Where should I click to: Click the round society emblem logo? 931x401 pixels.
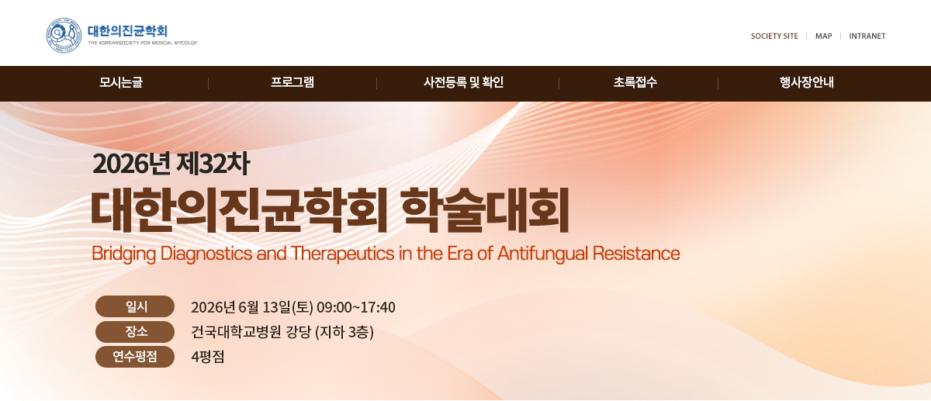point(64,36)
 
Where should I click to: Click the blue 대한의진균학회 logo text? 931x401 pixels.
point(127,31)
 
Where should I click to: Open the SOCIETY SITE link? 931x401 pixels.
point(774,36)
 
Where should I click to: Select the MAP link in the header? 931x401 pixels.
point(823,36)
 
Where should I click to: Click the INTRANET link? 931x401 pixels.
point(867,36)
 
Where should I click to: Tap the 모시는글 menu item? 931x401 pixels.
point(120,82)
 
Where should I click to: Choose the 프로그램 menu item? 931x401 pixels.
point(292,82)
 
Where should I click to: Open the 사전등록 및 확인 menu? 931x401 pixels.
point(463,82)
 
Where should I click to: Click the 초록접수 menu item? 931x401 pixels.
point(635,82)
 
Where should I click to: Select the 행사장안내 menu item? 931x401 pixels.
point(806,82)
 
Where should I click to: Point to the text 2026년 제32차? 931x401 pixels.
point(171,164)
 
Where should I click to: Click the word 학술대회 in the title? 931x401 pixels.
point(486,210)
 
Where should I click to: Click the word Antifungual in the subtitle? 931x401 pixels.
point(542,253)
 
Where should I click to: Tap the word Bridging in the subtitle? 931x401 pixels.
point(123,254)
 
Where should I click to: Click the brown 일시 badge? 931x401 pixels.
point(135,306)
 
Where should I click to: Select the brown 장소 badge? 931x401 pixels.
point(135,332)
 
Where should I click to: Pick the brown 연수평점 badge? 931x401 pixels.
point(135,357)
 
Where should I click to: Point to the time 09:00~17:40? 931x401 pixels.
point(356,307)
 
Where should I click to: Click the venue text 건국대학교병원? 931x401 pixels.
point(236,332)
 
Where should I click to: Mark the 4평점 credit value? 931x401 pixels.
point(207,357)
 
